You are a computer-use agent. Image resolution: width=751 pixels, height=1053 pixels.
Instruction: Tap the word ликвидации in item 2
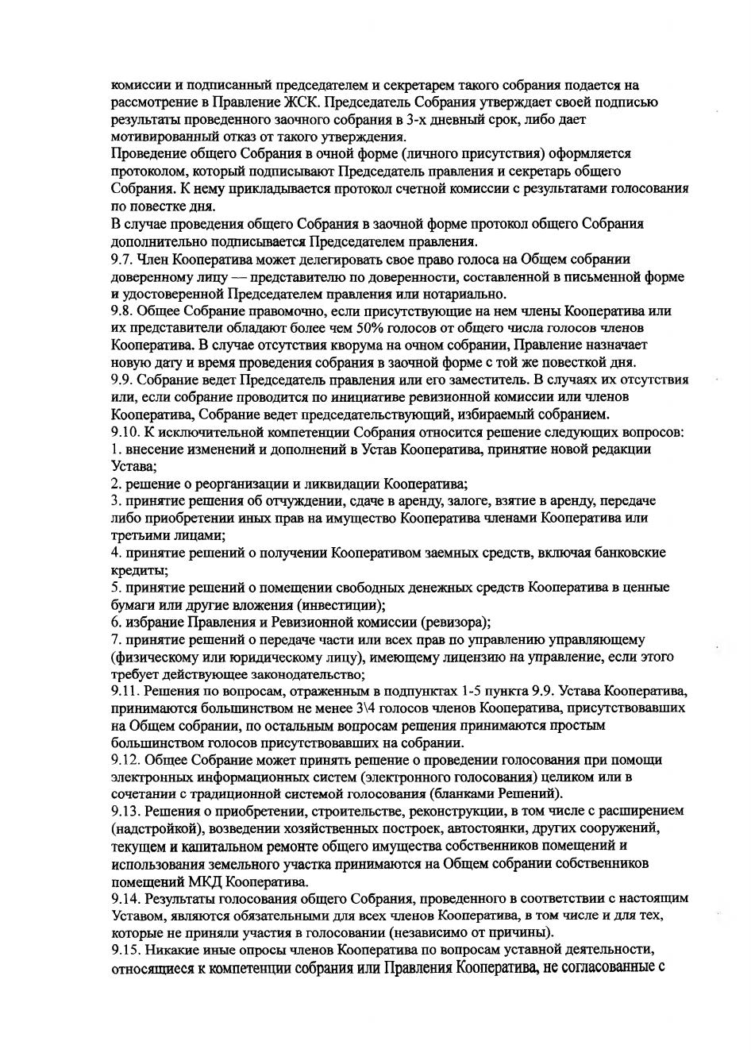[345, 484]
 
